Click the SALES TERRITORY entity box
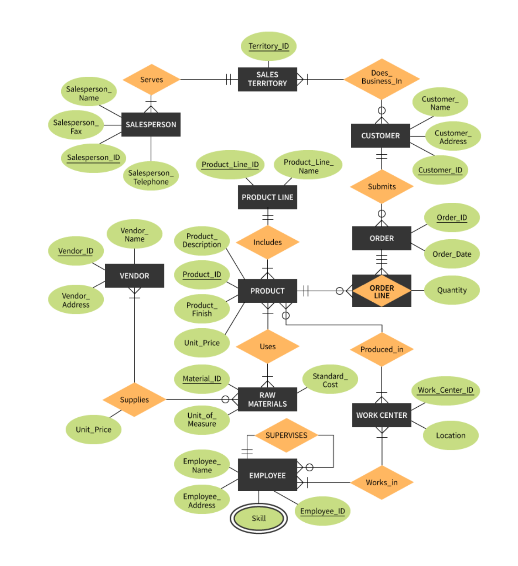(267, 79)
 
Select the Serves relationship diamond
(151, 79)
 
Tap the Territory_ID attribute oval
(269, 46)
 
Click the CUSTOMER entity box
(380, 136)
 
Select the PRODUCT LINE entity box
(267, 197)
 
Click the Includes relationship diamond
(267, 242)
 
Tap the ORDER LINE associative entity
(381, 291)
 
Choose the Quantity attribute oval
(452, 290)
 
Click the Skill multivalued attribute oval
(259, 518)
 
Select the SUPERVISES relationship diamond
(286, 435)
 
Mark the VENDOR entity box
(134, 275)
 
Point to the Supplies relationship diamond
(134, 399)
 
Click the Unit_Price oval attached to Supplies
(93, 430)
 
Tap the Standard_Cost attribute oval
(330, 380)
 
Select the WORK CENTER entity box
(381, 415)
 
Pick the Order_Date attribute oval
(452, 254)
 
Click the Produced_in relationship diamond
(381, 349)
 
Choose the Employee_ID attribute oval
(322, 511)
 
